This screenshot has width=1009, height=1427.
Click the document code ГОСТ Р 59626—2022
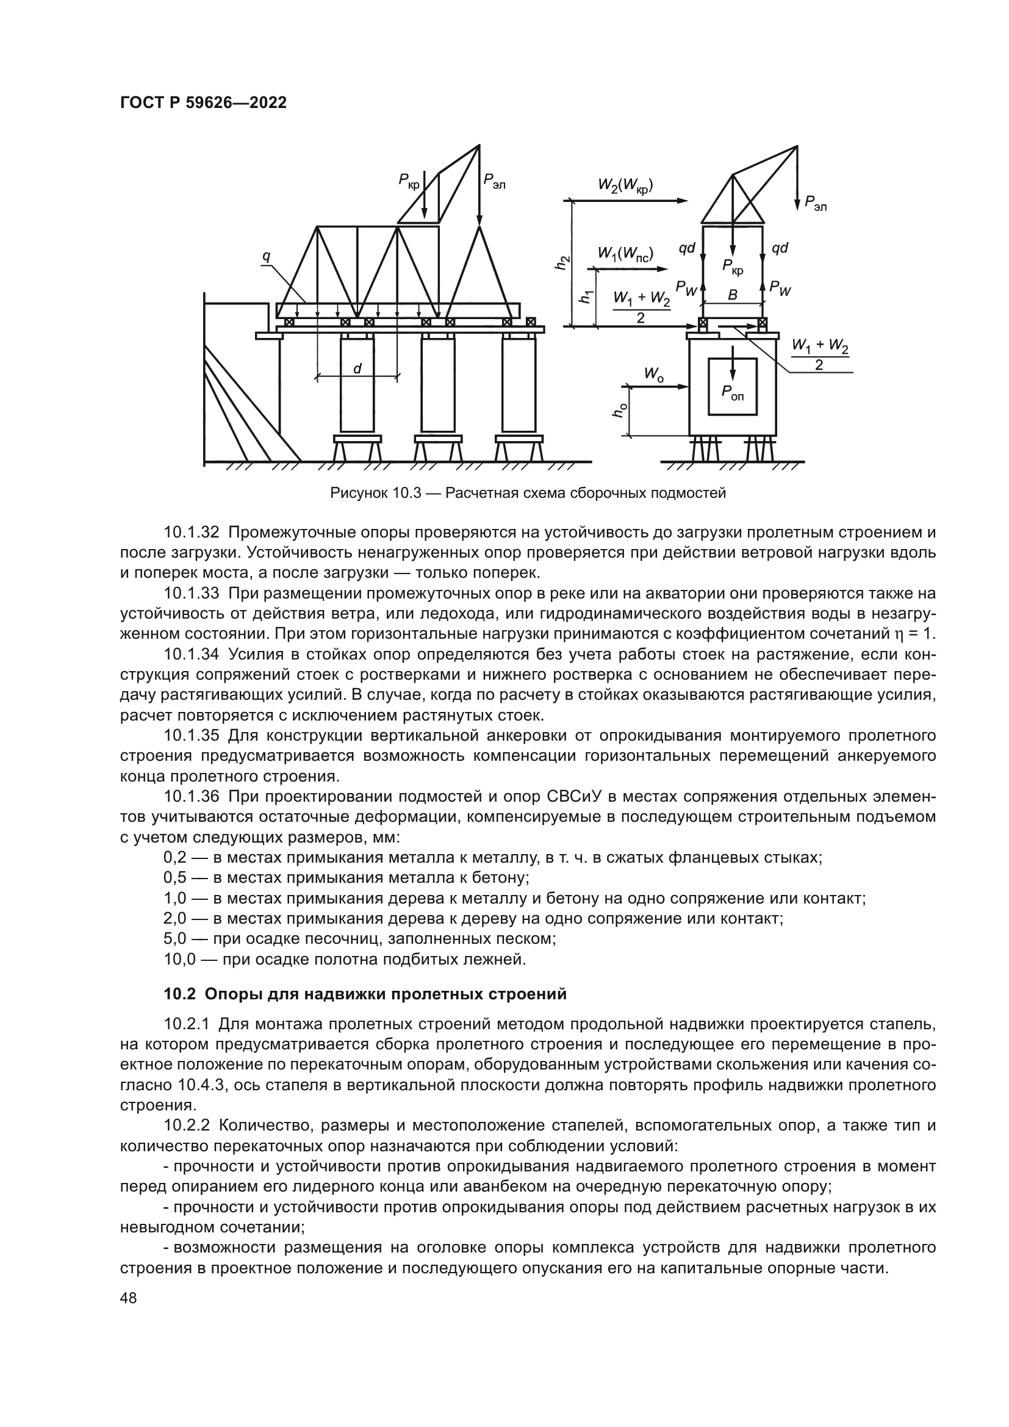pos(203,103)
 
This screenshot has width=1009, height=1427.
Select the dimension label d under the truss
pos(357,368)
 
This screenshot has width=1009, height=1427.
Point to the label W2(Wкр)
pos(626,185)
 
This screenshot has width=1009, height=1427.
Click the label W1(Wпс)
pos(625,253)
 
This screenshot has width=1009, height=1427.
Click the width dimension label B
pos(733,295)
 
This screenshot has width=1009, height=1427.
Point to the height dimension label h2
pos(562,263)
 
